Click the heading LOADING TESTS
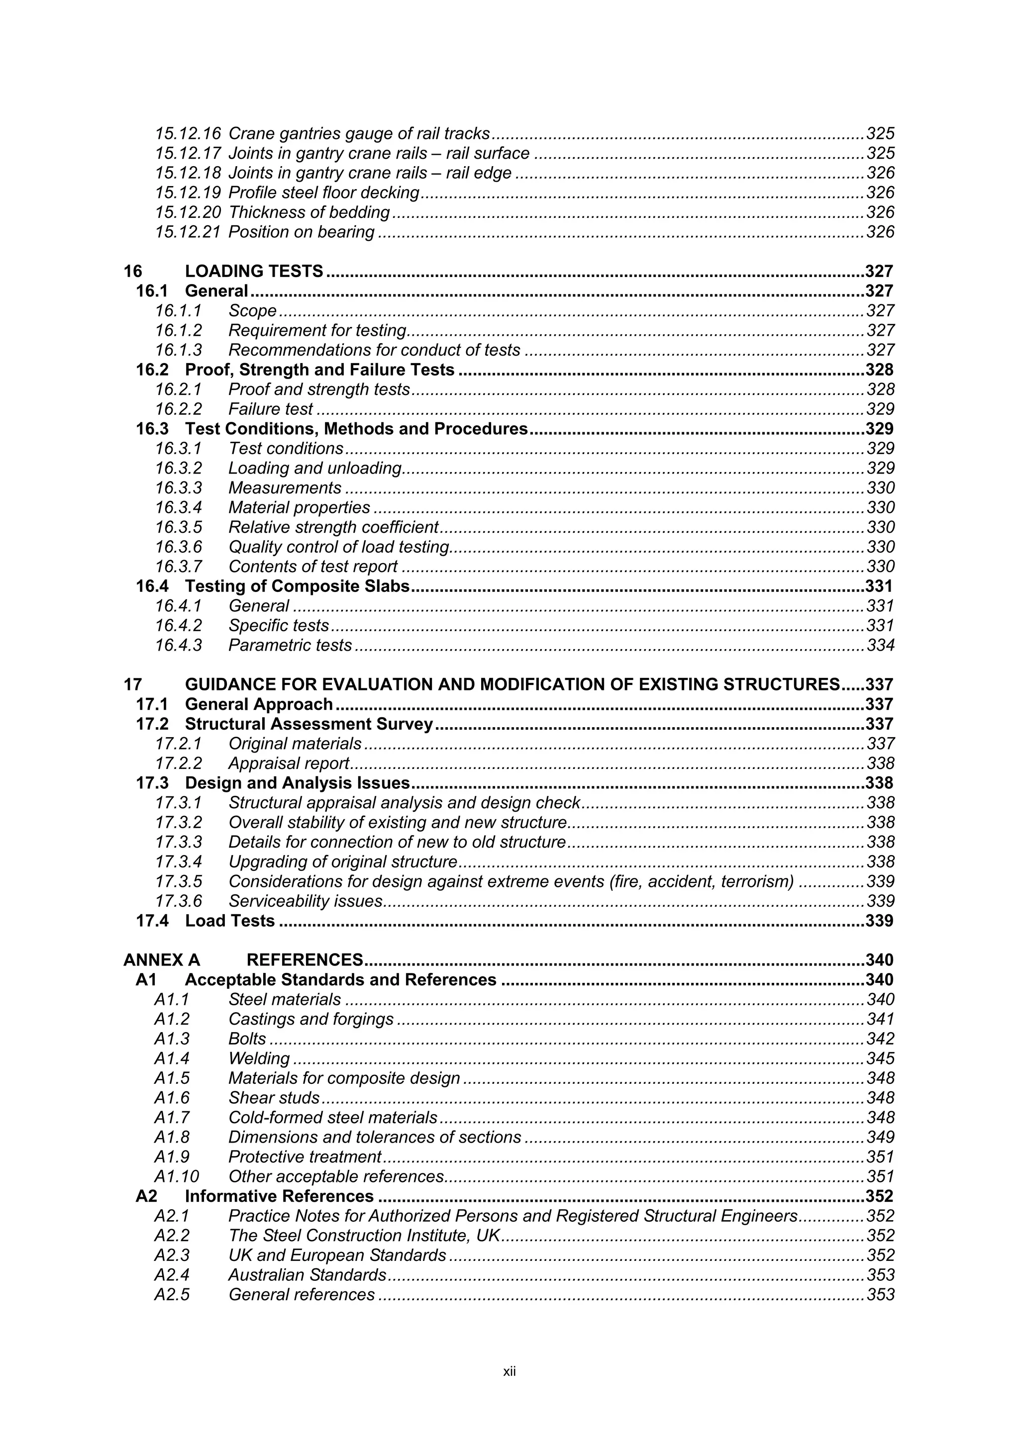tap(254, 271)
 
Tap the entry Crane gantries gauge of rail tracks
tap(359, 134)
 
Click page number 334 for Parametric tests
tap(880, 645)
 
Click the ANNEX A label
tap(161, 960)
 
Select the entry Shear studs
tap(274, 1098)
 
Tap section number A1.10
tap(177, 1176)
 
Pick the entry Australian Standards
tap(307, 1275)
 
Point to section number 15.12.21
tap(188, 232)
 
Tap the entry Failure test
tap(270, 409)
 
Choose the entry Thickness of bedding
tap(309, 212)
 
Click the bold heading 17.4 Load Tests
tap(205, 921)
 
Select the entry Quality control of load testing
tap(338, 547)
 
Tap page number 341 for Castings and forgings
tap(880, 1019)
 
